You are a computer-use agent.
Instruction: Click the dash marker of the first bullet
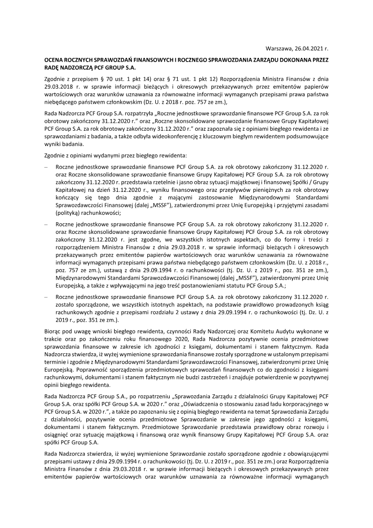46,166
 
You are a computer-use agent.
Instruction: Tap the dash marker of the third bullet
46,297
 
